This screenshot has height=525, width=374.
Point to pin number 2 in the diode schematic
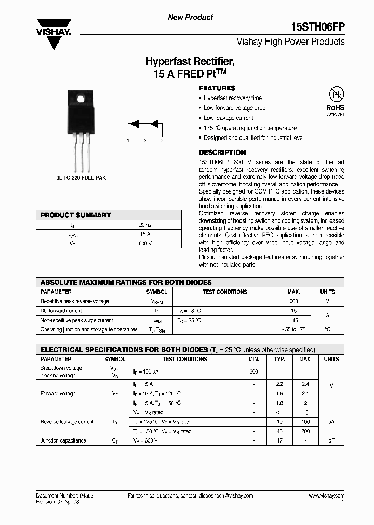click(145, 141)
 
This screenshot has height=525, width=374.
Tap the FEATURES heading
click(217, 88)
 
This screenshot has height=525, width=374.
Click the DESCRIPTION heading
click(222, 153)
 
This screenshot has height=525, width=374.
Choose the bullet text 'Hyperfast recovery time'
click(232, 98)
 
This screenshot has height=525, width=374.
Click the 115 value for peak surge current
click(293, 321)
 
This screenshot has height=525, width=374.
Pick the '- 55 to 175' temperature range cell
click(293, 329)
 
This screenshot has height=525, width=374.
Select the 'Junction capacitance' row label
click(63, 440)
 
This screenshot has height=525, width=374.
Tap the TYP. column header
click(280, 359)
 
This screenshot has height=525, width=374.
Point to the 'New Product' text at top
click(190, 18)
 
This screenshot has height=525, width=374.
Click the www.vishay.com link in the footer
click(326, 496)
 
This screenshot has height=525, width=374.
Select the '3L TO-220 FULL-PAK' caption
click(81, 178)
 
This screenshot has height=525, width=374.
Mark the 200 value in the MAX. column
click(305, 431)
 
